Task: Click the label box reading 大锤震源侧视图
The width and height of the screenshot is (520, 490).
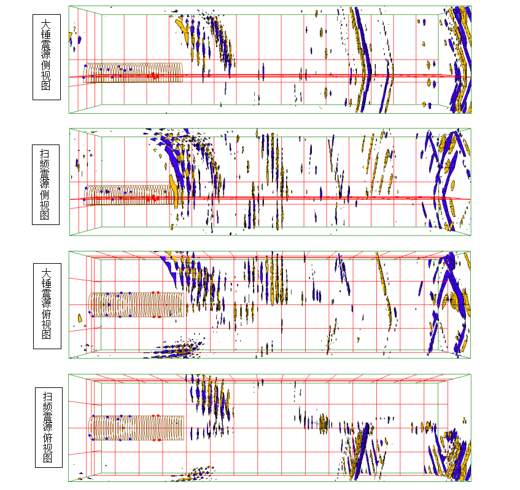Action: (x=46, y=57)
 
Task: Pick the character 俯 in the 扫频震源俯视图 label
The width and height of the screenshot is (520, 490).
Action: (x=47, y=437)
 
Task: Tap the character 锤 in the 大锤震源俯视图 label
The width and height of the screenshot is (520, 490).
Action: (x=47, y=281)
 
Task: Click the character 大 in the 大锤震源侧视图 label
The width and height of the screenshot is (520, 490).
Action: (x=46, y=25)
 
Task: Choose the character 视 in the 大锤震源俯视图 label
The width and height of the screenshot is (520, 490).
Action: (x=47, y=325)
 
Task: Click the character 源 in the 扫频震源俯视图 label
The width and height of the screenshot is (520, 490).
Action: (x=47, y=427)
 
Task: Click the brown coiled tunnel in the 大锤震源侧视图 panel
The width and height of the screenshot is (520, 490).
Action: (x=134, y=73)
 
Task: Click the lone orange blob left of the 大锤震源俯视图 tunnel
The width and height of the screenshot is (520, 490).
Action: (x=80, y=318)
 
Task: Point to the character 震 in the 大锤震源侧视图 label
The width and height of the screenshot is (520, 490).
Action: (x=46, y=45)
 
